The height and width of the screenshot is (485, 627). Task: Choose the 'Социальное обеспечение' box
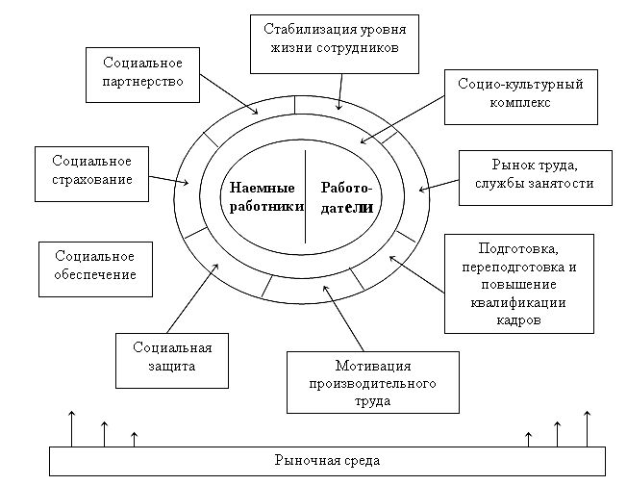point(94,266)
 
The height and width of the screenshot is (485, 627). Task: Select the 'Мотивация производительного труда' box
point(373,383)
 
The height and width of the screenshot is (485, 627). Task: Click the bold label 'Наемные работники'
point(263,197)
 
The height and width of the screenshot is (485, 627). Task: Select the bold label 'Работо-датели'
point(346,197)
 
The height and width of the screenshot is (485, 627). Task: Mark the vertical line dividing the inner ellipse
point(305,197)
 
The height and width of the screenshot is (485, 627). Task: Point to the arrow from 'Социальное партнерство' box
point(231,99)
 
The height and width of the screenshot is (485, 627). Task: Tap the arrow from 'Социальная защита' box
point(188,301)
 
